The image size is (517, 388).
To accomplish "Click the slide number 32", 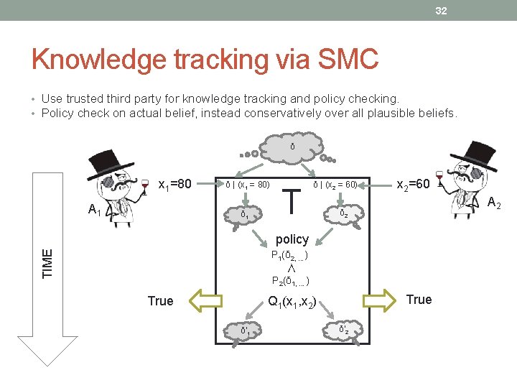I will (x=440, y=11).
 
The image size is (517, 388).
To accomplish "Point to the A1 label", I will (x=94, y=210).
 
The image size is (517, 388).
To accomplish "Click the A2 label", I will (x=493, y=204).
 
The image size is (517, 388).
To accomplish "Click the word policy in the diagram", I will (x=292, y=239).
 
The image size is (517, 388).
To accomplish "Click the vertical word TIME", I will (x=47, y=263).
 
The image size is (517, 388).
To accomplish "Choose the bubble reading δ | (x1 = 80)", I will (x=248, y=185).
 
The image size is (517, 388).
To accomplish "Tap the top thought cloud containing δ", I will (x=292, y=147).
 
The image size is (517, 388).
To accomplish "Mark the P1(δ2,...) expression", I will (x=290, y=255).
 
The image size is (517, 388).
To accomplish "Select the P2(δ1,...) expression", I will (x=290, y=281).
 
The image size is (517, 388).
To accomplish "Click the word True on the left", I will (x=160, y=300).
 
